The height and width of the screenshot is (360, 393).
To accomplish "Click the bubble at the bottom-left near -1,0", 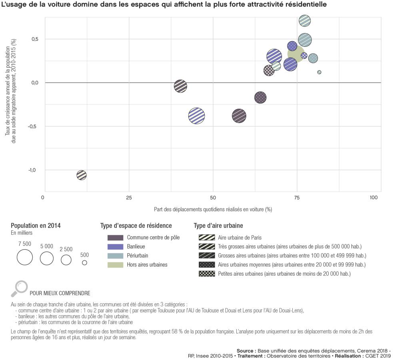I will click(x=82, y=175).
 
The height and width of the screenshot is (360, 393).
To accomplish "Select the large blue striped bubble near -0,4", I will click(x=196, y=116).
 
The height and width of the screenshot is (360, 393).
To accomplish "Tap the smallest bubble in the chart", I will click(x=319, y=72).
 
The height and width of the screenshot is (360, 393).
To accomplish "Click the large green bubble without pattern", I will click(x=296, y=54).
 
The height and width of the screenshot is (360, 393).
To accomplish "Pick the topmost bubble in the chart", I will click(x=305, y=20).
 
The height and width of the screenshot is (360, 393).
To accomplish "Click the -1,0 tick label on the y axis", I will click(x=32, y=170).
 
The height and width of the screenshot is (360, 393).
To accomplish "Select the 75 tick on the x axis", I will click(x=297, y=198).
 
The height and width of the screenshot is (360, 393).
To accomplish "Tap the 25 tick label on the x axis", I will click(x=129, y=198).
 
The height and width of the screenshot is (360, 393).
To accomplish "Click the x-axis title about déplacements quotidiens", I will click(x=213, y=209).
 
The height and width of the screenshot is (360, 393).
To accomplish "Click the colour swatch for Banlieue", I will click(x=115, y=246).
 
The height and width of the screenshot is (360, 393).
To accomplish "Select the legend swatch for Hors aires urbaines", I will click(x=115, y=264).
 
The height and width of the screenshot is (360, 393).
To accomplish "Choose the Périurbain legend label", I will click(x=138, y=256).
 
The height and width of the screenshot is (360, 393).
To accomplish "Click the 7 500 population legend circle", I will click(x=24, y=257).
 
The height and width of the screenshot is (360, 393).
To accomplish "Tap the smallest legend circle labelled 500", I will click(x=84, y=263).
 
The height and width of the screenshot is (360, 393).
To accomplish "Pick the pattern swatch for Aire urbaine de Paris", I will click(x=206, y=238).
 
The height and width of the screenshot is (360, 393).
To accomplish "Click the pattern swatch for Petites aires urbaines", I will click(x=206, y=274).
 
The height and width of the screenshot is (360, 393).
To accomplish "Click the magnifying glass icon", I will click(x=20, y=287).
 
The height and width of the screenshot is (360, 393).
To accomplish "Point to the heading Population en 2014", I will click(x=36, y=226).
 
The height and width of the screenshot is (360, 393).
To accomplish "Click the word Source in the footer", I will click(x=246, y=350).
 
